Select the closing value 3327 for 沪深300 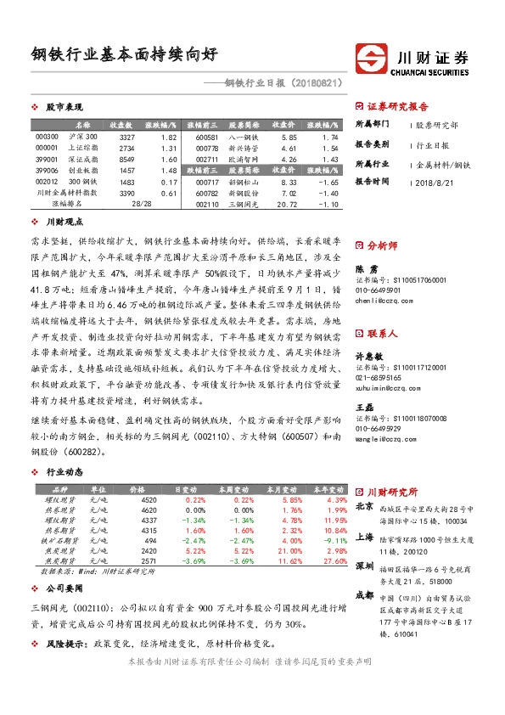click(x=126, y=137)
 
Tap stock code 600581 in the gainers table click(x=207, y=137)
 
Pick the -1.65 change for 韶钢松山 click(x=328, y=182)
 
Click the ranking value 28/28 click(x=141, y=204)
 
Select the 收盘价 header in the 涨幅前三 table click(x=283, y=125)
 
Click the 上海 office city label click(x=365, y=537)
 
